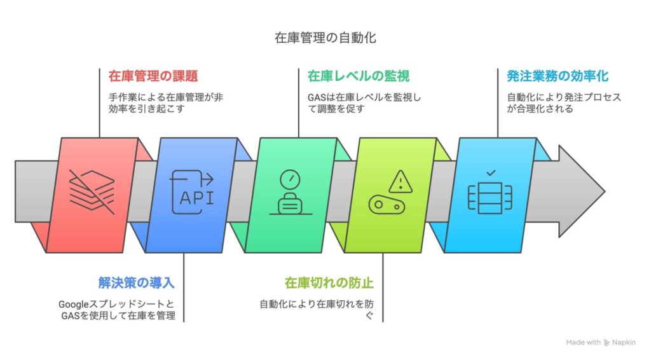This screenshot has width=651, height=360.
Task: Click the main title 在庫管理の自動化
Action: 325,38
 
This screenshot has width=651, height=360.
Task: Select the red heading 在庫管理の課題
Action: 153,76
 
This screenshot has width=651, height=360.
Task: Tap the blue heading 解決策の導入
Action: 136,283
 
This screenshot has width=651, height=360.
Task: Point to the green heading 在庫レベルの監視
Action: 359,76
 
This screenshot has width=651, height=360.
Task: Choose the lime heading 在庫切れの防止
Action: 329,283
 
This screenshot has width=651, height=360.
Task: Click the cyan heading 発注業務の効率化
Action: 558,76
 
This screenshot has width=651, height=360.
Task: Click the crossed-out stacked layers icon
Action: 92,192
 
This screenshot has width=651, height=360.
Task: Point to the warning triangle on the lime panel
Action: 401,182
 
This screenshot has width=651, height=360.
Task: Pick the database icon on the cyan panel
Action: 490,198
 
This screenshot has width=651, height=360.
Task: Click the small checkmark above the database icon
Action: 491,173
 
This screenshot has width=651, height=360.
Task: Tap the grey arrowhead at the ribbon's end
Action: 581,191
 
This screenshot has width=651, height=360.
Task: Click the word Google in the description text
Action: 74,305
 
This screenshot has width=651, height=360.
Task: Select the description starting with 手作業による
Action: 166,103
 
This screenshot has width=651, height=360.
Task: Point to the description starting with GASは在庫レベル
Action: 364,103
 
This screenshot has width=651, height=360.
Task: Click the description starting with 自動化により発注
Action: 564,103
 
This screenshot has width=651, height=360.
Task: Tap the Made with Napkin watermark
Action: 600,343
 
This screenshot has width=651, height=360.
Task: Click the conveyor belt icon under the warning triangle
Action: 387,205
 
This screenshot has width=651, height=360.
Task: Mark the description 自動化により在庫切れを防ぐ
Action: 317,310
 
